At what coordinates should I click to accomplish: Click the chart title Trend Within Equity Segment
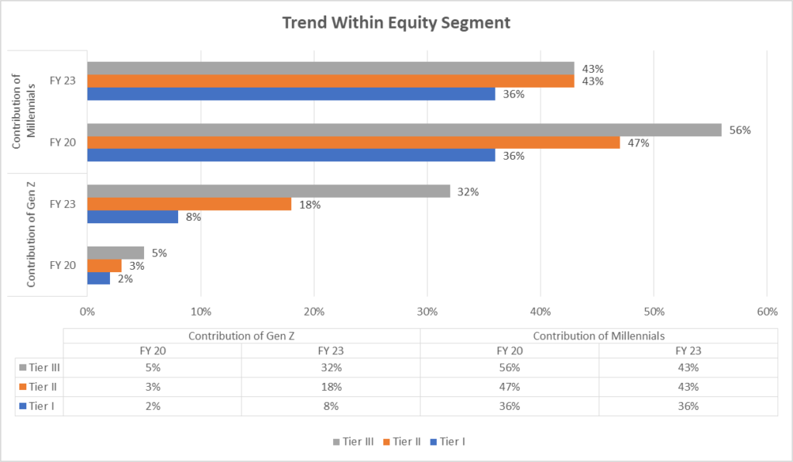tap(396, 22)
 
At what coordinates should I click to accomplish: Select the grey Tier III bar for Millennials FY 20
tap(403, 130)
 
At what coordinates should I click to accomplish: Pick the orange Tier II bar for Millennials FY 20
tap(353, 143)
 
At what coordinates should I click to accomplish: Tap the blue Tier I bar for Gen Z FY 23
tap(132, 217)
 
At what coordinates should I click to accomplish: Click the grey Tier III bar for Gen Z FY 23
tap(268, 191)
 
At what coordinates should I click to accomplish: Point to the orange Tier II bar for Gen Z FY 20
tap(104, 266)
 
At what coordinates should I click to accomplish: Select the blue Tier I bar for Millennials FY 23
tap(290, 94)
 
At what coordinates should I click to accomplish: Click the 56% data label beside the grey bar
tap(740, 130)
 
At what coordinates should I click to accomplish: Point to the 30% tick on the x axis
tap(427, 312)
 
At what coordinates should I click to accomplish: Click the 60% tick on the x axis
tap(767, 312)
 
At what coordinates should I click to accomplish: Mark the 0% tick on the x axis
tap(87, 312)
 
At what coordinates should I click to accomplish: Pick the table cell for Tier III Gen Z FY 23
tap(331, 367)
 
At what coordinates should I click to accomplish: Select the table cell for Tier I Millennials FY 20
tap(509, 406)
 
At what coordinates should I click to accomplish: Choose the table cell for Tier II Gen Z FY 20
tap(152, 387)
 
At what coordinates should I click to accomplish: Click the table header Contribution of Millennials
tap(599, 335)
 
